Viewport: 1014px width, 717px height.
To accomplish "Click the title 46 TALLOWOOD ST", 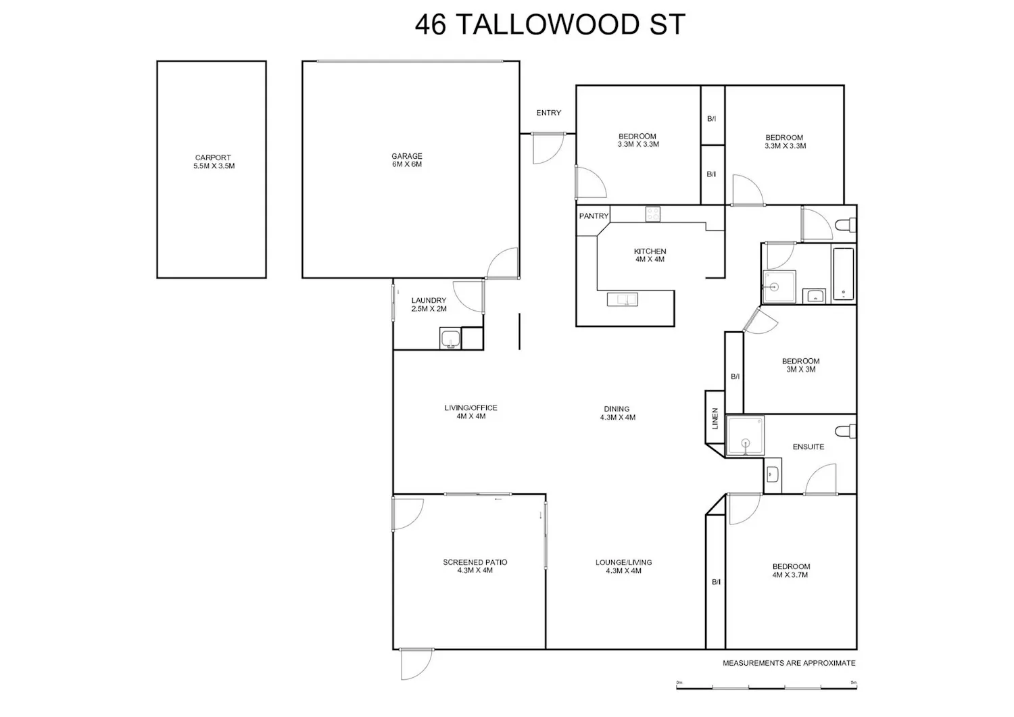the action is [550, 24].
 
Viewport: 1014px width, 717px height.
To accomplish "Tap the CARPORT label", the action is [213, 157].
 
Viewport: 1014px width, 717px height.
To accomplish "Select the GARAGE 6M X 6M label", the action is [407, 160].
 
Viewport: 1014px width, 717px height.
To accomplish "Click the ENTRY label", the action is [549, 113].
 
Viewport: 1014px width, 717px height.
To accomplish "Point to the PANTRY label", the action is [594, 216].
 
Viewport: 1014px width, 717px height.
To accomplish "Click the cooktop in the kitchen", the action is [653, 214].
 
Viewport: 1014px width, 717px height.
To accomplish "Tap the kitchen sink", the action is [623, 299].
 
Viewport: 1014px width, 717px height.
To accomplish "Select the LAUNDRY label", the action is [429, 300].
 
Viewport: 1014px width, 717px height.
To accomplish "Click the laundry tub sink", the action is [450, 339].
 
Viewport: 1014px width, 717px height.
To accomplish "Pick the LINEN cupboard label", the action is [715, 418].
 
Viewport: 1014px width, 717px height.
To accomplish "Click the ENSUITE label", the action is [808, 447].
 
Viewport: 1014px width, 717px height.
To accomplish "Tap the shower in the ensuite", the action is [745, 435].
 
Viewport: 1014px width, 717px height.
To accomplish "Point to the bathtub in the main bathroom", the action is [844, 274].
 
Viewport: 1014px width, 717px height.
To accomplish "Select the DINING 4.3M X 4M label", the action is [617, 414].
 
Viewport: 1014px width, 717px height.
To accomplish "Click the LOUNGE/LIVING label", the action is [623, 562].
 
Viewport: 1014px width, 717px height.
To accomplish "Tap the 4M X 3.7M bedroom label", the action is [790, 575].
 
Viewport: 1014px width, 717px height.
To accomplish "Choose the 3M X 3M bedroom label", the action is [801, 370].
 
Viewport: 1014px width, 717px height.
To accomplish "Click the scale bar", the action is [767, 688].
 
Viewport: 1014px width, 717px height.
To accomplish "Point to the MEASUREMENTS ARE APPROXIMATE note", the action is [789, 663].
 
